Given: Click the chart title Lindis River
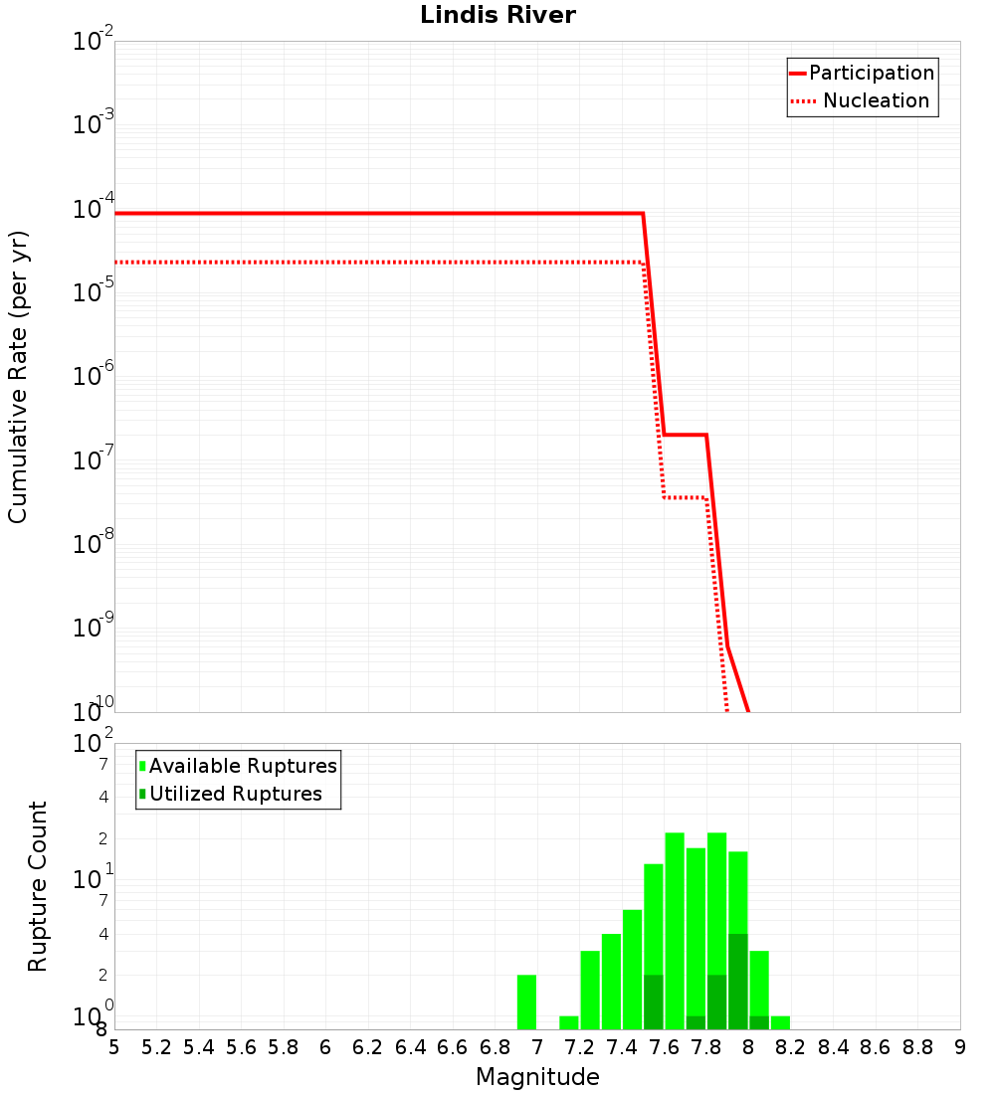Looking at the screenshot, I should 497,16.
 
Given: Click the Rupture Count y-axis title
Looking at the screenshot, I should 38,886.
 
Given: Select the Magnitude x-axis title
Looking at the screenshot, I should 537,1077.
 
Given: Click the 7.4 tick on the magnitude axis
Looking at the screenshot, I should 622,1047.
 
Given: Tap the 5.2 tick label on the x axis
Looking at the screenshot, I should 156,1047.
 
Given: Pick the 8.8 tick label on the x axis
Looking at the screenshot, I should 917,1047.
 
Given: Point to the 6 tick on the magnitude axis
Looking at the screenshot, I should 325,1047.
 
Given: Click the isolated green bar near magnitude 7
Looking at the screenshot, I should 527,1002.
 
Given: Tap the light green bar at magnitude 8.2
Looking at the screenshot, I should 780,1022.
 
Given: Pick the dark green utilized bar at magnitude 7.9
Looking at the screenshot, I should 738,982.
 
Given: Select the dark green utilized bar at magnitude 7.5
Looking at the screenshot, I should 654,1002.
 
